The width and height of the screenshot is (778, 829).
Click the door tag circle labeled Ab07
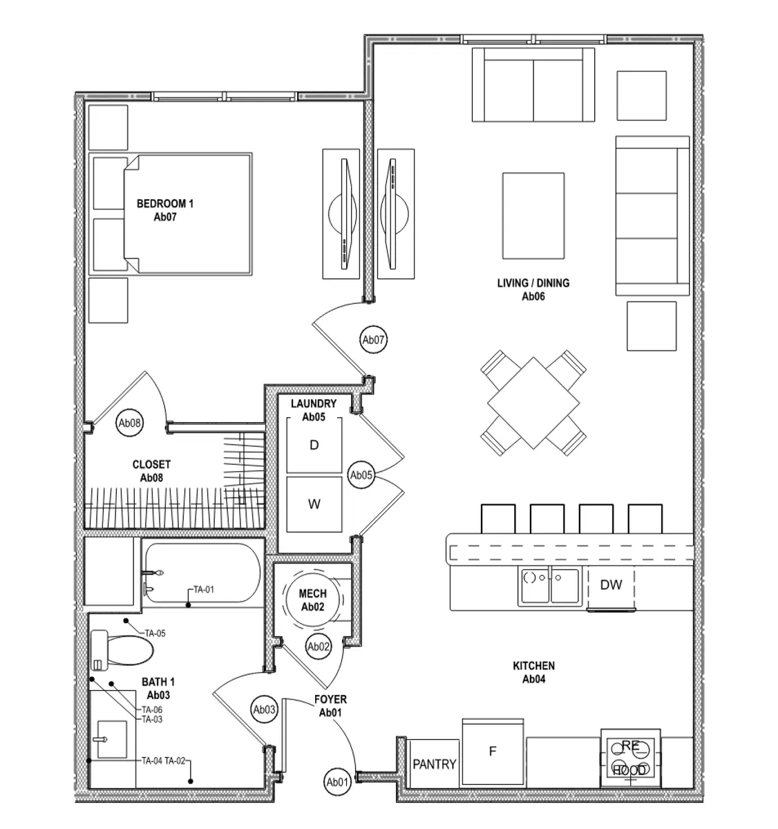coord(374,339)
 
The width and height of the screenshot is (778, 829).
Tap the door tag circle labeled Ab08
coord(130,423)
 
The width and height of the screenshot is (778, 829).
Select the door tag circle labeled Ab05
coord(361,475)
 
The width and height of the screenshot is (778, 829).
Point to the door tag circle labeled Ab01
coord(337,782)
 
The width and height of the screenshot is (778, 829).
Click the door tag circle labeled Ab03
coord(264,709)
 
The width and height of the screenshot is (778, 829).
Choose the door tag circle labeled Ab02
coord(319,647)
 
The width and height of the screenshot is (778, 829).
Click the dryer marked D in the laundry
coord(314,446)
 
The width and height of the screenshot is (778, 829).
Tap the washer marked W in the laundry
coord(314,504)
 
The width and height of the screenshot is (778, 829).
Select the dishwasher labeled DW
coord(611,586)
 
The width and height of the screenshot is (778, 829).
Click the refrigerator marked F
coord(493,752)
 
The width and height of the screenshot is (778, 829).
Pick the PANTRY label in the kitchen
coord(434,764)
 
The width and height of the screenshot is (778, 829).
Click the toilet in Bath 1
coord(121,649)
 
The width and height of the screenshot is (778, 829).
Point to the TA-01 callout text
coord(204,590)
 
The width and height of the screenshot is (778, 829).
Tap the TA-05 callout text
coord(154,633)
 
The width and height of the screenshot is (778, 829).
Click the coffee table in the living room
coord(533,215)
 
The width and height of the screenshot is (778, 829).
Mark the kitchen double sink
coord(550,587)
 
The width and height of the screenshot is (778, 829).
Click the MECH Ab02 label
coord(313,600)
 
